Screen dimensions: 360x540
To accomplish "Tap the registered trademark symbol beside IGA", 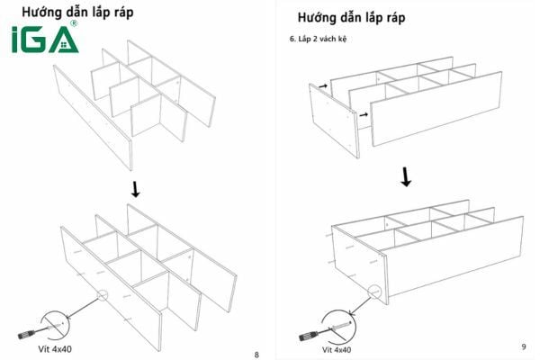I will point(73,24).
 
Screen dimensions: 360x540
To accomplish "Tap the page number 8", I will point(257,354).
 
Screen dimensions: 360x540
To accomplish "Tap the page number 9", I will point(523,346).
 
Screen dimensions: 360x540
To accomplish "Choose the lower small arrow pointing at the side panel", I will point(362,115).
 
